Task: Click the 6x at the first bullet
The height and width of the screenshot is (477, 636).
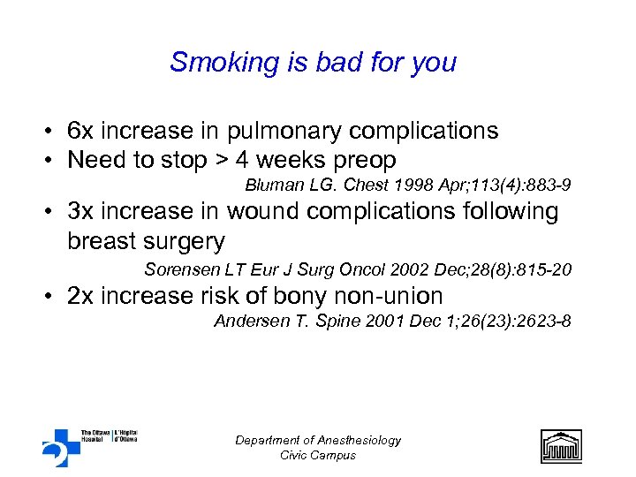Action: pos(79,132)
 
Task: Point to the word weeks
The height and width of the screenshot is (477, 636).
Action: pos(289,160)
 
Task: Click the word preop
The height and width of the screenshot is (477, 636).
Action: pos(365,162)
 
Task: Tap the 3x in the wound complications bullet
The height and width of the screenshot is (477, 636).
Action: pos(79,212)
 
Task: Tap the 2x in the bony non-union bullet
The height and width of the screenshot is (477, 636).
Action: pos(79,296)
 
